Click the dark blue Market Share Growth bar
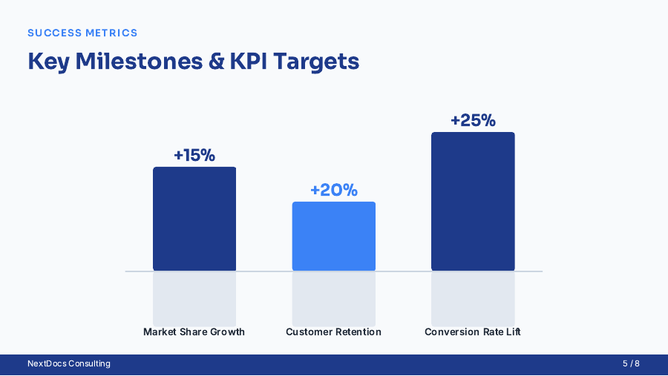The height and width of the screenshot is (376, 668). click(194, 219)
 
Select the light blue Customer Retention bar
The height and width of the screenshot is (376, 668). click(333, 236)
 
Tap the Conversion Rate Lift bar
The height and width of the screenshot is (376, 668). click(473, 202)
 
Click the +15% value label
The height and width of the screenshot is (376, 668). click(194, 155)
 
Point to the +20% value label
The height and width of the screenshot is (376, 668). click(333, 190)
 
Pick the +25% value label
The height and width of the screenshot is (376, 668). click(473, 120)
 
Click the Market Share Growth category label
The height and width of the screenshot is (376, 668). click(194, 332)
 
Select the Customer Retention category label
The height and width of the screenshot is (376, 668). click(333, 332)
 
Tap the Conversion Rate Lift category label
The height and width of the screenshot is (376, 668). click(473, 332)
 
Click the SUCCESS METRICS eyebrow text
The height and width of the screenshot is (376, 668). click(82, 33)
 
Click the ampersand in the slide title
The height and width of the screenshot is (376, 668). click(217, 61)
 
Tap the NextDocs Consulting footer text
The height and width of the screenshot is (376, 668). click(69, 363)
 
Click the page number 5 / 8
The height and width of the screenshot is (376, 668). click(631, 363)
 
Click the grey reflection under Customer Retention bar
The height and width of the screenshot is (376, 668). click(333, 297)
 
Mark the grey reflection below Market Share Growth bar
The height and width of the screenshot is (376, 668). click(194, 297)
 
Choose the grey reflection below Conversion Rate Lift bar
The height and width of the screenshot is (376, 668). click(473, 297)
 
